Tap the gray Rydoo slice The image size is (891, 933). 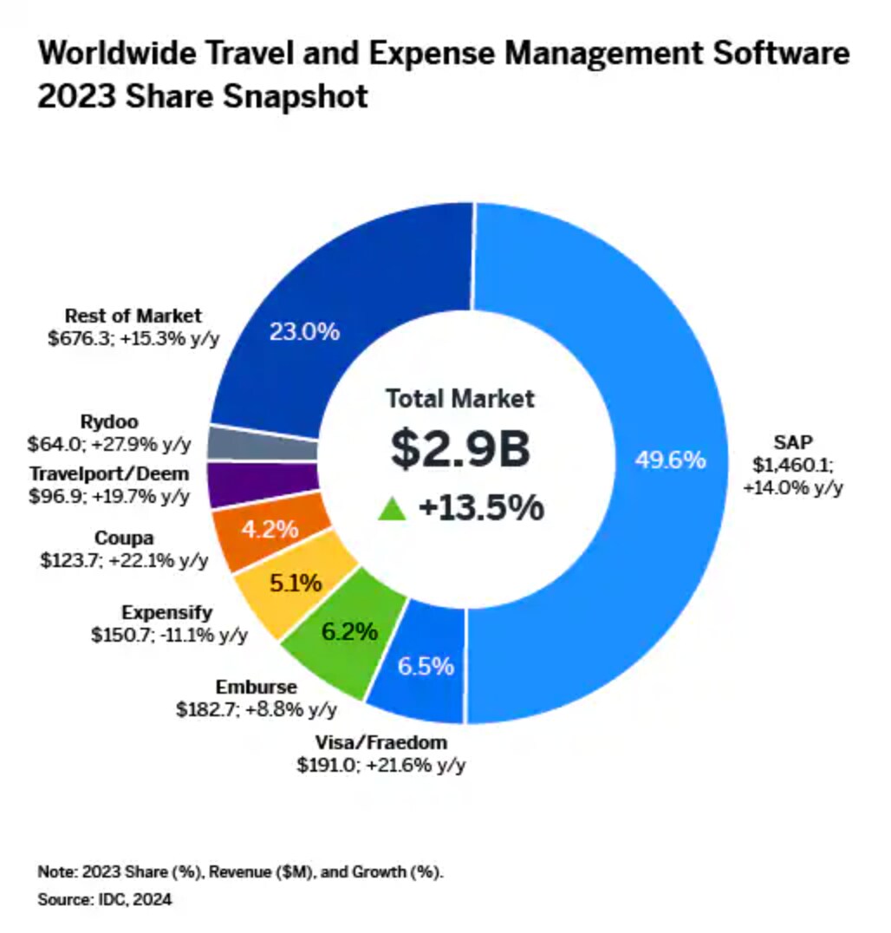tap(262, 443)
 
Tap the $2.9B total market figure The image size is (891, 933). tap(459, 449)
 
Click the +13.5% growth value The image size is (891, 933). tap(481, 508)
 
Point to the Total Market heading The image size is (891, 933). tap(460, 399)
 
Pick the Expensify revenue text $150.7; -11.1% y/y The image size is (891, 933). tap(169, 634)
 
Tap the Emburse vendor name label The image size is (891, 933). tap(256, 688)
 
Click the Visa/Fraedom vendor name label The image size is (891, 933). tap(381, 742)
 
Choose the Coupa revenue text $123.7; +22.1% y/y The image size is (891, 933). tap(124, 560)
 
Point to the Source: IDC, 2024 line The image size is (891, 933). tap(105, 900)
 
